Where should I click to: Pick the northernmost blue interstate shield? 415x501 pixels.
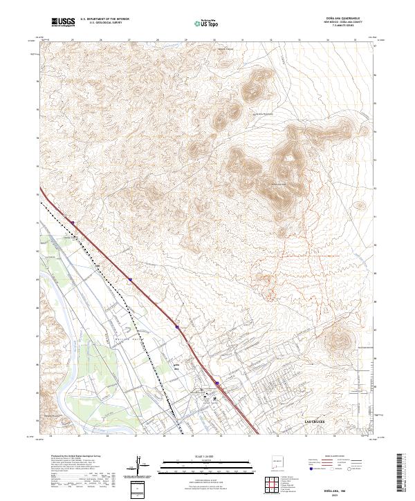[x=72, y=222]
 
